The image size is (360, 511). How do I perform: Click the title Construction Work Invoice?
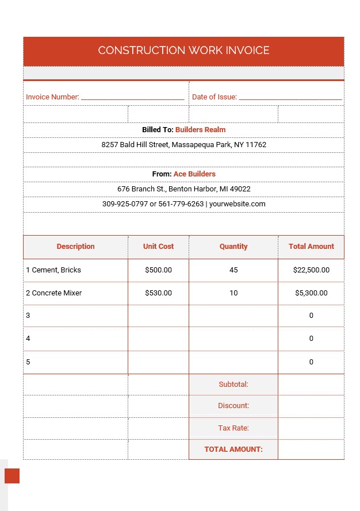coord(183,51)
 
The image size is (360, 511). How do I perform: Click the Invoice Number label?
coord(52,97)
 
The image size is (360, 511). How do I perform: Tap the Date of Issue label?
coord(214,97)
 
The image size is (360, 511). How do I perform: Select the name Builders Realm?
coord(200,130)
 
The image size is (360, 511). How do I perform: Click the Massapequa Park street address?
coord(183,145)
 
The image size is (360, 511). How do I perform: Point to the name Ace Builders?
coord(194,174)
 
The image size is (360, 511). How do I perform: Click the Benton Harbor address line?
coord(183,189)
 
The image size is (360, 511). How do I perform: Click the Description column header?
coord(75,247)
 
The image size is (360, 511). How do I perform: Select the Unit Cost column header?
coord(158,247)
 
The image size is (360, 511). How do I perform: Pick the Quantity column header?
coord(233,247)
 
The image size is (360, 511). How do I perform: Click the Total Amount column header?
coord(311,247)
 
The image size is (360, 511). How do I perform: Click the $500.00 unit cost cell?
coord(158,270)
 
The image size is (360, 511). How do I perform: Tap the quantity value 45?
coord(233,270)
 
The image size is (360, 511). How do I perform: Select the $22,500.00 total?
coord(311,270)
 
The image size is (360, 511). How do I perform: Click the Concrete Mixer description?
coord(56,293)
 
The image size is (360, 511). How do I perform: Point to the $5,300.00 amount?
coord(311,293)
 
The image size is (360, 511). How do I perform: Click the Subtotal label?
coord(233,385)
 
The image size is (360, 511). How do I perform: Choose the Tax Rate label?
coord(233,428)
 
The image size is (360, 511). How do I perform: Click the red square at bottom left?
coord(12,476)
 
